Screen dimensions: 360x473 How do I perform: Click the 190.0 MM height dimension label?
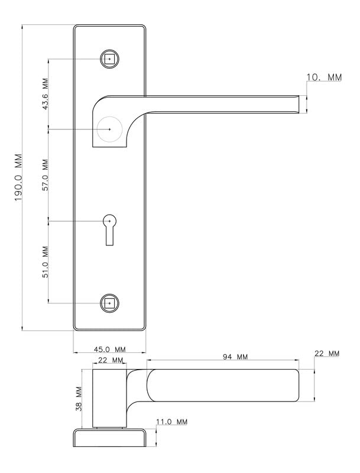tap(18, 178)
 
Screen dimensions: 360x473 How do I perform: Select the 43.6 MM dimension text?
tap(45, 94)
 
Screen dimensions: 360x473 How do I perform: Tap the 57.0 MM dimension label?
tap(45, 175)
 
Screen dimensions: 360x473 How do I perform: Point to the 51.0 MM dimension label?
tap(45, 262)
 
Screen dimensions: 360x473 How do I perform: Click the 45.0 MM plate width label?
tap(110, 349)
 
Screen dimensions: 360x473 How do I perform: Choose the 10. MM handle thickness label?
tap(324, 77)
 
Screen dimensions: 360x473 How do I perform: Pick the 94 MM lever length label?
tap(235, 357)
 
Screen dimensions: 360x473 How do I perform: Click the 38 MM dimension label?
tap(79, 399)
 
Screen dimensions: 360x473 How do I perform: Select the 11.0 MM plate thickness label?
tap(171, 422)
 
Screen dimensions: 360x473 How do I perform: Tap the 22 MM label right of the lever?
tap(327, 353)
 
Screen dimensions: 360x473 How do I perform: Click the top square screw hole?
tap(109, 59)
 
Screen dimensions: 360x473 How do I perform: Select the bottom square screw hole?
tap(109, 303)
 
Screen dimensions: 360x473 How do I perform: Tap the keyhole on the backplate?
tap(109, 230)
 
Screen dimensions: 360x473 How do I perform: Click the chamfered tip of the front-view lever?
tap(297, 105)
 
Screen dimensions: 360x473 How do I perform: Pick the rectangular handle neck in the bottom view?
tap(109, 398)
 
